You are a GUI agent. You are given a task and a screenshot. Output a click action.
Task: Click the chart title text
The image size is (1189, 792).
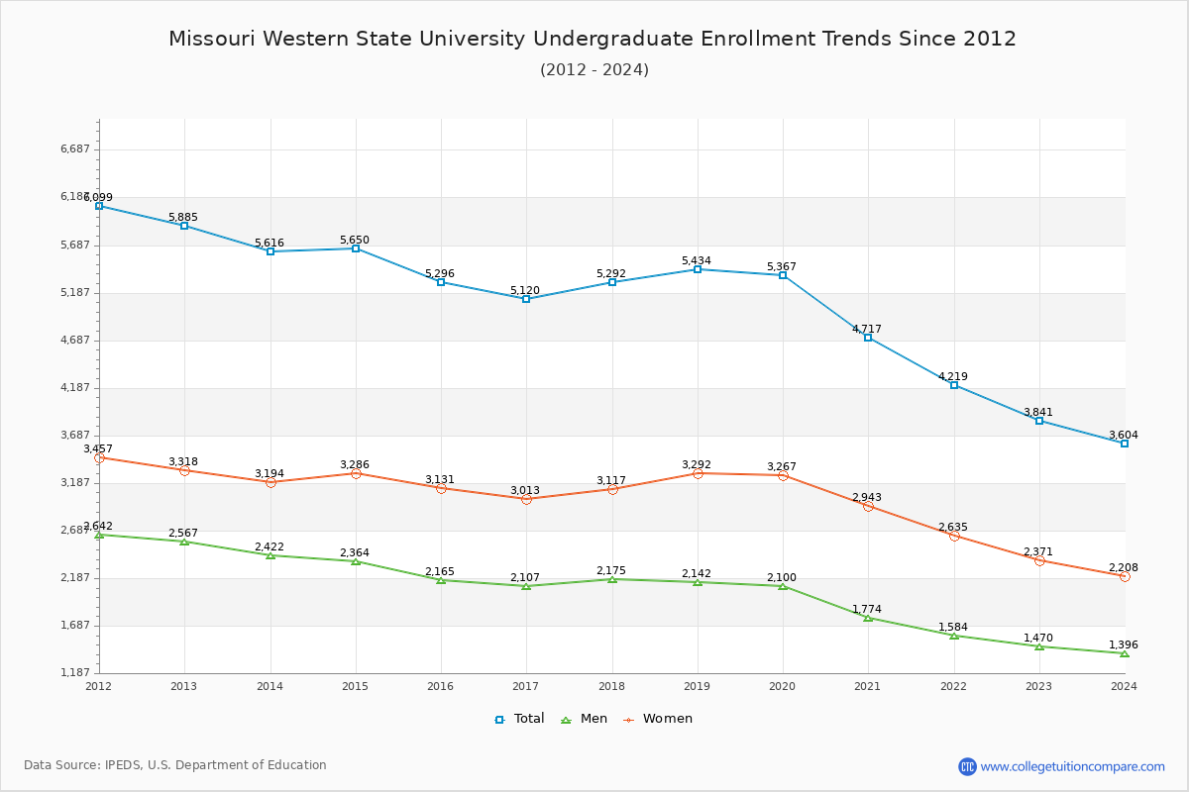pos(593,39)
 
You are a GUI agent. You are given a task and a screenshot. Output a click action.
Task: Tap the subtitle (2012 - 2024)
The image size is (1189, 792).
pos(594,70)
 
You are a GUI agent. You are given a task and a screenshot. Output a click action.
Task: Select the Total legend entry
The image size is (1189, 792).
pos(520,719)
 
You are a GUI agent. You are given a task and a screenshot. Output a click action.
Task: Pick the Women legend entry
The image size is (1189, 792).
pos(658,719)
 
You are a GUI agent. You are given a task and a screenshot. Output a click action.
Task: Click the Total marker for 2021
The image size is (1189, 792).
pos(868,338)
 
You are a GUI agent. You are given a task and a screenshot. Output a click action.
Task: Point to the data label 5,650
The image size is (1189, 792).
pos(354,240)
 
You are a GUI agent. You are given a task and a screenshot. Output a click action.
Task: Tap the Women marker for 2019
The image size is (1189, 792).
pos(698,473)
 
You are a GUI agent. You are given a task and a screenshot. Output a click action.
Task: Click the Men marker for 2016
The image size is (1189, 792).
pos(441,580)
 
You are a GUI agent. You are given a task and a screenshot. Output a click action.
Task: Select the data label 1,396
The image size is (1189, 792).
pos(1123,644)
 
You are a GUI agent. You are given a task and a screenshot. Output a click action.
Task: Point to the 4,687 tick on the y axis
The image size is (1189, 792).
pos(75,341)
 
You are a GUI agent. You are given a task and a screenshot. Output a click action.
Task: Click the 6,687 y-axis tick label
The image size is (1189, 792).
pos(75,149)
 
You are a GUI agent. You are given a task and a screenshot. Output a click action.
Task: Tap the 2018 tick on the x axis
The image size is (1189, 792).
pos(611,686)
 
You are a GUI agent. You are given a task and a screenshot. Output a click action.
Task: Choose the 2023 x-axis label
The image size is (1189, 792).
pos(1038,686)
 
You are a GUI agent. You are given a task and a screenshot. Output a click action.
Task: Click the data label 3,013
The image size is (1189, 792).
pos(525,490)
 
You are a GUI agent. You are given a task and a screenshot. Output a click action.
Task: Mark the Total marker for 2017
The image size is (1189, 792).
pos(526,299)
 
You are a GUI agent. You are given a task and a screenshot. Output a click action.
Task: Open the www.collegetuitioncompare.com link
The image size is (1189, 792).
pos(1072,766)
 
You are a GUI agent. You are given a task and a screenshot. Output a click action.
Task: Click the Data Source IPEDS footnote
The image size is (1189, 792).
pos(175,765)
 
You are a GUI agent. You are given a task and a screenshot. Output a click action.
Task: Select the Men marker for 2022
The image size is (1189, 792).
pos(954,636)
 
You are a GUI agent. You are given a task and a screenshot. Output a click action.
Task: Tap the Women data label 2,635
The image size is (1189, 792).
pos(953,527)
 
